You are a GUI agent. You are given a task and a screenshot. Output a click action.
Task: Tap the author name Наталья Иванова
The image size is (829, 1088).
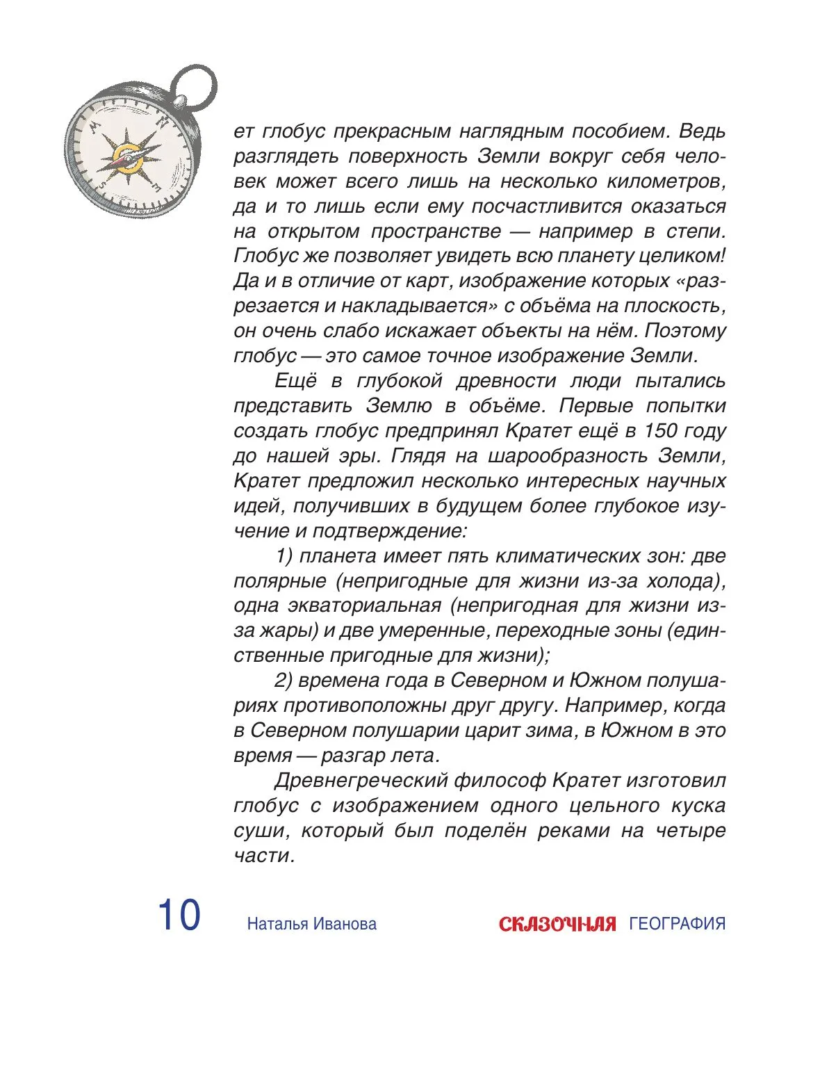coord(311,924)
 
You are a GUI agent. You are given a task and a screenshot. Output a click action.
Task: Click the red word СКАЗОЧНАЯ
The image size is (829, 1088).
coord(557,924)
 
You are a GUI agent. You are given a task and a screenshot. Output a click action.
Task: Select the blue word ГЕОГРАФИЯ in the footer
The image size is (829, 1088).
coord(677,924)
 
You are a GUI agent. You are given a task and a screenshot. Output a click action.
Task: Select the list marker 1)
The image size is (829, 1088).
coord(286,556)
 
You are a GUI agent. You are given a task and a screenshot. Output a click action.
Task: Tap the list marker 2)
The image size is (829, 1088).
coord(286,681)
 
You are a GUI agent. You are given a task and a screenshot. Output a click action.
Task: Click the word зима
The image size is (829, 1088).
coord(550,731)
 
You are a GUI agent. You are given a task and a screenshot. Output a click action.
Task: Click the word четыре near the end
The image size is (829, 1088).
coord(691,831)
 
